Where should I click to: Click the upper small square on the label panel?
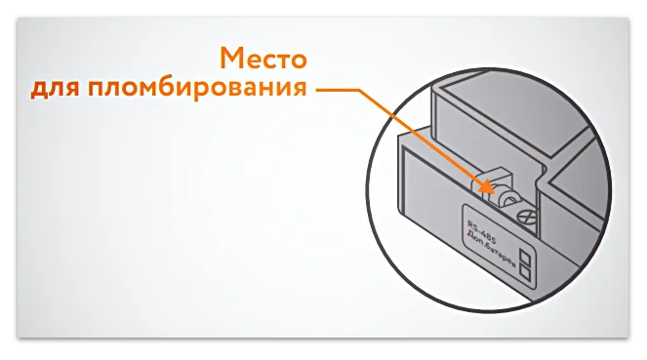pos(525,258)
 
